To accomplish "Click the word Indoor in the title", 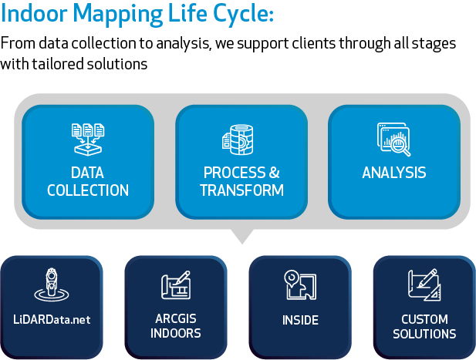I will tap(35, 15).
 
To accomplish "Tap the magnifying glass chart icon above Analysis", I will tap(394, 138).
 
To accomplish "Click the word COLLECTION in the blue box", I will tap(88, 190).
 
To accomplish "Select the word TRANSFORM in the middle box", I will tap(241, 190).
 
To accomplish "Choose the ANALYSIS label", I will tap(394, 173).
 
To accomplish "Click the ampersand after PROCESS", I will tap(274, 173).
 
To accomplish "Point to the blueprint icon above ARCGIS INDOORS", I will tap(175, 287).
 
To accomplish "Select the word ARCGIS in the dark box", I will tap(175, 318).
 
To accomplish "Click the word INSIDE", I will tap(300, 319).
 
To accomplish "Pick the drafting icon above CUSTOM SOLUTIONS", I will tap(424, 284).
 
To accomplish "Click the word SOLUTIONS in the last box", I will tap(424, 334).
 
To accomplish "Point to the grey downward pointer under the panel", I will tap(241, 236).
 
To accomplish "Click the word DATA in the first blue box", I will tap(87, 173).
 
